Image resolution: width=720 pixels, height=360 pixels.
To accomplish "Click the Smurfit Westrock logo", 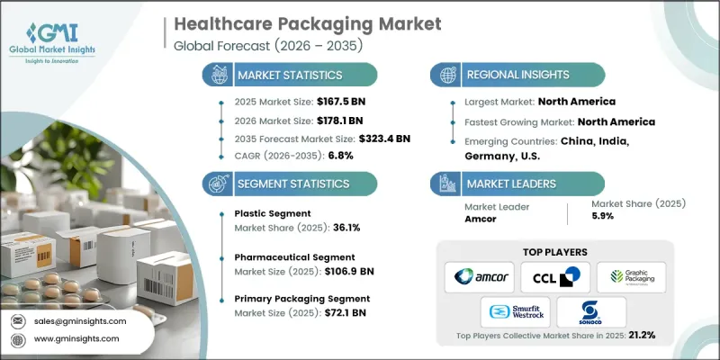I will pyautogui.click(x=512, y=313).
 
